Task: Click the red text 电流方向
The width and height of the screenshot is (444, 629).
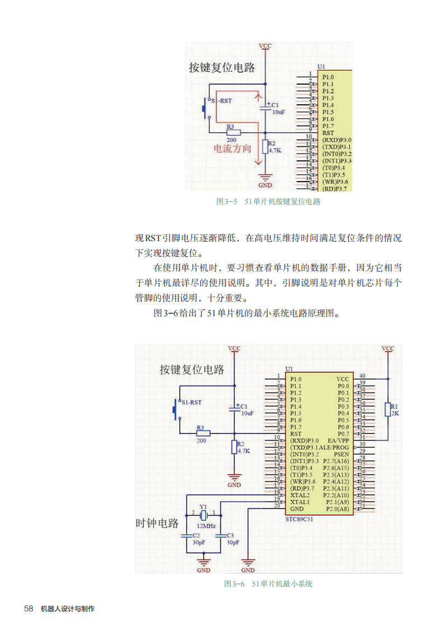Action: click(233, 149)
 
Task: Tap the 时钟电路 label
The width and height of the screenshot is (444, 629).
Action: click(157, 523)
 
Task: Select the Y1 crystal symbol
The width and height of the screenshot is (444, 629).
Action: click(204, 515)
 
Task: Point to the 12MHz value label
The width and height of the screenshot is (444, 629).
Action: click(206, 526)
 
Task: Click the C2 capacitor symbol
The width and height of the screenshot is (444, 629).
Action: click(187, 536)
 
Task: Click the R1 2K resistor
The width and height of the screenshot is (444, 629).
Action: click(387, 409)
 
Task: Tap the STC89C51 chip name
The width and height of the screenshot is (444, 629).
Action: click(300, 519)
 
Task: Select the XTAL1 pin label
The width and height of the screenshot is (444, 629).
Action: click(300, 502)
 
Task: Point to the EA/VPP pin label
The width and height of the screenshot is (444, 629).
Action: click(338, 441)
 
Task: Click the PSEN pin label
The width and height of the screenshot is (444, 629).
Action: click(342, 454)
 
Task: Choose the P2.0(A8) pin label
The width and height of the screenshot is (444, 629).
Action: click(337, 509)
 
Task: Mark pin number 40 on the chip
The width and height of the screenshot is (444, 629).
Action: click(362, 376)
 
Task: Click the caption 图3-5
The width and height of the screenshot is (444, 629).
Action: click(227, 201)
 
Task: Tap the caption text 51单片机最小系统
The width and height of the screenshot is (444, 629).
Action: click(282, 584)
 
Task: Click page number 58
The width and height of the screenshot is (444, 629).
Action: click(29, 608)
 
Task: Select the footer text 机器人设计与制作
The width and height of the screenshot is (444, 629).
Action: click(68, 609)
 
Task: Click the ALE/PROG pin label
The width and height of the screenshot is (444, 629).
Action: click(334, 447)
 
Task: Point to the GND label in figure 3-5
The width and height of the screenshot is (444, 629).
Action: click(265, 185)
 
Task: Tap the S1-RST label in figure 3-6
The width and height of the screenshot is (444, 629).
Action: click(191, 402)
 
